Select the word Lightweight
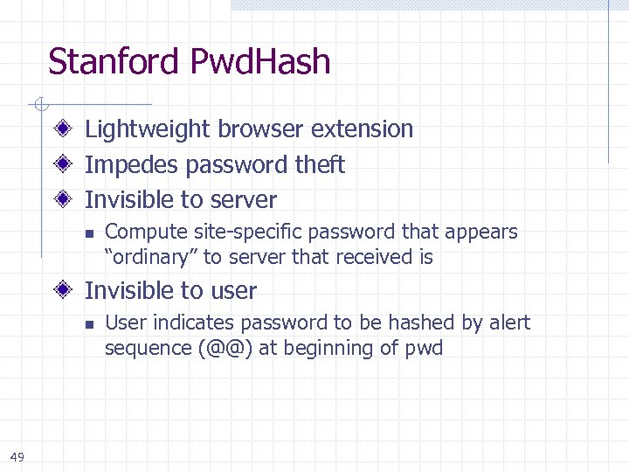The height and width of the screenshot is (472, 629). click(148, 129)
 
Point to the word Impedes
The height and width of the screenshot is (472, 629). click(125, 165)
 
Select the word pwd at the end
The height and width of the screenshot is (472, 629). click(424, 350)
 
